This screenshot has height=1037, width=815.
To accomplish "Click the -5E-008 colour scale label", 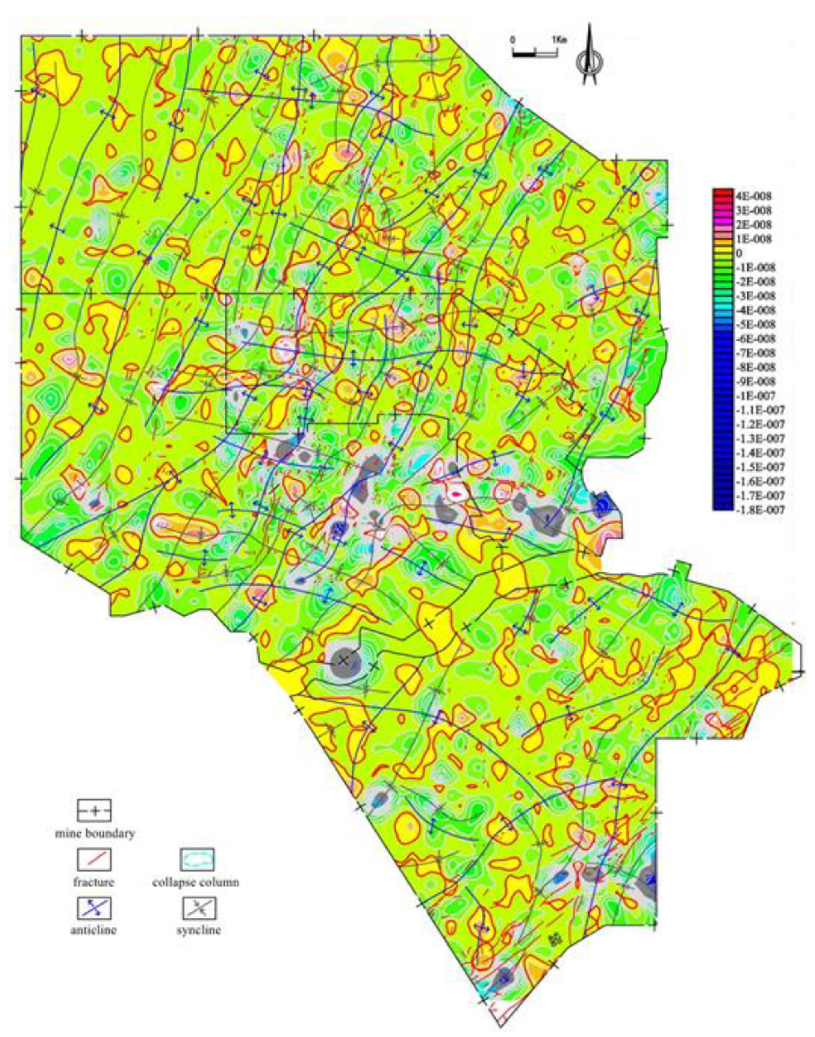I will point(756,325).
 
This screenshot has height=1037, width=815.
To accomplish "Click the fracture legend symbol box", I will point(94,860).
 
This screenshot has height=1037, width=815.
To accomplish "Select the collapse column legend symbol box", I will point(196,860).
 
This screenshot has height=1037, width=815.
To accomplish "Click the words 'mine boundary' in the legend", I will point(94,834).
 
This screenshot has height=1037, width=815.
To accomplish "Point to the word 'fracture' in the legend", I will point(94,882).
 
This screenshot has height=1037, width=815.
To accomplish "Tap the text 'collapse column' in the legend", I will point(196,882).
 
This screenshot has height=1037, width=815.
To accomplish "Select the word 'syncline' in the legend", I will point(198,930).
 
